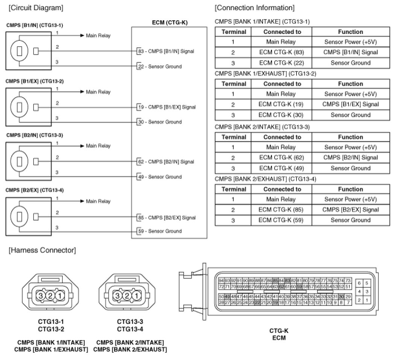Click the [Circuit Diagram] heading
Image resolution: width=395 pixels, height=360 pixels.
tap(36, 8)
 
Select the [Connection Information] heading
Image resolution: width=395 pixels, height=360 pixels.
tap(254, 8)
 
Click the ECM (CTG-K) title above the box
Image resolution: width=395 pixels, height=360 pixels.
tap(169, 23)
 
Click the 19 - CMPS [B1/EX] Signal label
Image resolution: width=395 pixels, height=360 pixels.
tap(167, 107)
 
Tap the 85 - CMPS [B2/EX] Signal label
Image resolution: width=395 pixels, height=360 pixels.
tap(167, 217)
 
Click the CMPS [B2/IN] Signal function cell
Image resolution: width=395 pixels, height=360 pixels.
tap(350, 158)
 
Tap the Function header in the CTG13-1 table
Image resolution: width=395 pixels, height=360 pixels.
tap(350, 32)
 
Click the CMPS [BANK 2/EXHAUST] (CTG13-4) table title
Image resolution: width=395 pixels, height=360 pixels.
tap(265, 179)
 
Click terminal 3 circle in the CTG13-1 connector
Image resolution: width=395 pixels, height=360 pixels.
tap(41, 296)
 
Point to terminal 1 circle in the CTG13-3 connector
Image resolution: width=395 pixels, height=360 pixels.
tap(136, 296)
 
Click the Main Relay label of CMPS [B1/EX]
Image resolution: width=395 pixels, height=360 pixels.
tap(98, 92)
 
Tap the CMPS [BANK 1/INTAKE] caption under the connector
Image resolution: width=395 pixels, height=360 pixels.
tap(51, 342)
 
